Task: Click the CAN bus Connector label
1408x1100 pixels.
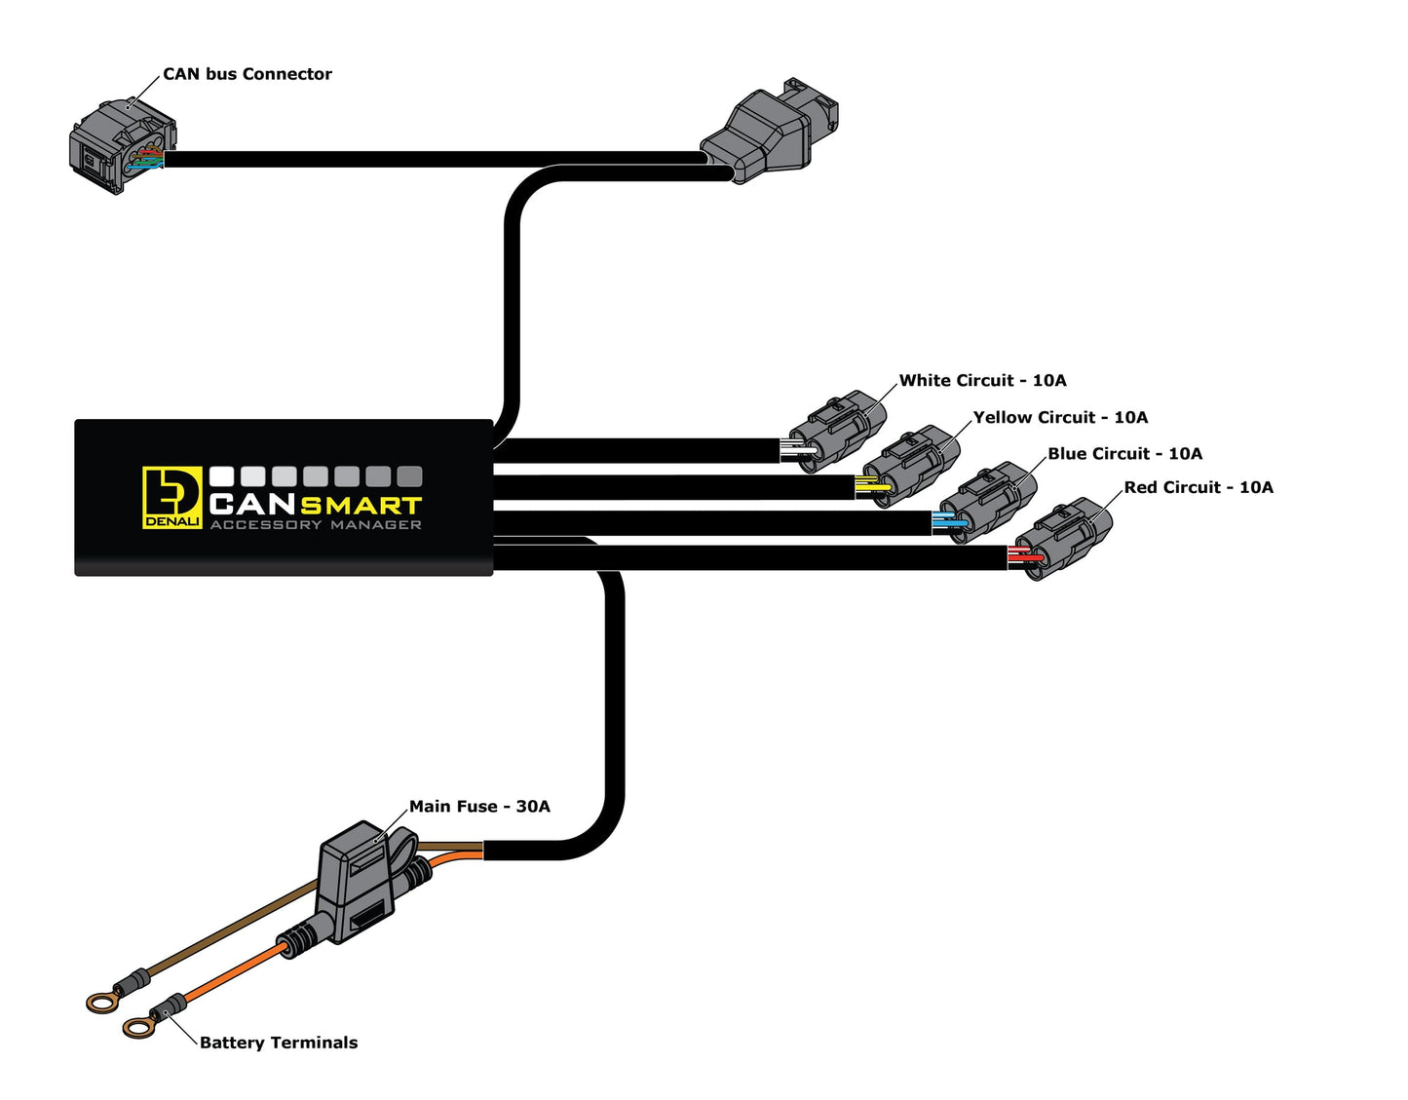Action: (x=247, y=74)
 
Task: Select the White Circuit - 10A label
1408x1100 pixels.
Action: (x=982, y=381)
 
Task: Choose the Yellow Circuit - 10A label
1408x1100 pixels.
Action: (x=1060, y=418)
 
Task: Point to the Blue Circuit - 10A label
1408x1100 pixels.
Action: (x=1124, y=454)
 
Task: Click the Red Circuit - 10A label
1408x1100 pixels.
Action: (x=1199, y=488)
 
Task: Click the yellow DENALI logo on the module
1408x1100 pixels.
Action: (x=172, y=497)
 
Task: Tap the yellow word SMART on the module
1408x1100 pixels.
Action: (x=361, y=505)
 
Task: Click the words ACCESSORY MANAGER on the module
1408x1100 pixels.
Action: (x=316, y=525)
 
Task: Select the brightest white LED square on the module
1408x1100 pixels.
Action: (x=222, y=476)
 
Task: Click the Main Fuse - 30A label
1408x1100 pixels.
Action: (x=479, y=807)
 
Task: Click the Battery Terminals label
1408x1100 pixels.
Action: (x=279, y=1043)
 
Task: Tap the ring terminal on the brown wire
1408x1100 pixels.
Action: (x=101, y=1000)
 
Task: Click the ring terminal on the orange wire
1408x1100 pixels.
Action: (x=138, y=1025)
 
